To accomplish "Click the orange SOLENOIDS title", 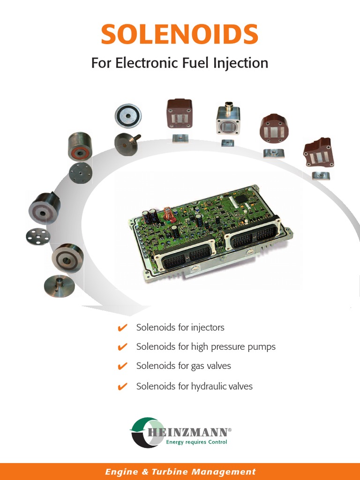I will pyautogui.click(x=180, y=35).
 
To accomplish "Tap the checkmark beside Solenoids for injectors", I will pyautogui.click(x=123, y=328).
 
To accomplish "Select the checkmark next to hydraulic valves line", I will pyautogui.click(x=123, y=387).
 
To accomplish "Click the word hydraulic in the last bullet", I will pyautogui.click(x=209, y=386).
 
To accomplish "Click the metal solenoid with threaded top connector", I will pyautogui.click(x=228, y=120).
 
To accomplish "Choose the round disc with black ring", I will pyautogui.click(x=128, y=115).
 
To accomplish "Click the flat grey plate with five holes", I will pyautogui.click(x=38, y=236).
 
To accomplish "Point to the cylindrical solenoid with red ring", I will pyautogui.click(x=80, y=146).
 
